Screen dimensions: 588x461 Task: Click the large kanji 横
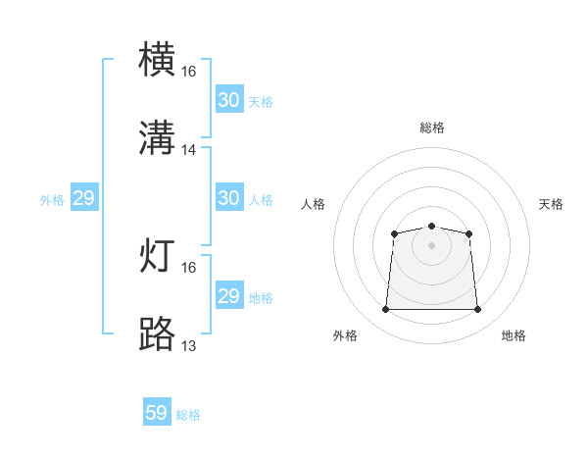point(157,59)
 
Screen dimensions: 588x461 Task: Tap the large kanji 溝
point(157,137)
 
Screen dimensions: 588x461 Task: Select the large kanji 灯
point(157,255)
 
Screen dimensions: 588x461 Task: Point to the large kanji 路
point(157,333)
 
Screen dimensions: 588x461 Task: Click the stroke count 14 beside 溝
point(188,150)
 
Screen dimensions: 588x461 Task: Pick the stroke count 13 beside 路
point(188,345)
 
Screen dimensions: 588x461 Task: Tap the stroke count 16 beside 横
point(188,72)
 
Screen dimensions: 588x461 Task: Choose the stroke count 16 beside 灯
point(188,268)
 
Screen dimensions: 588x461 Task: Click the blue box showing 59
point(157,411)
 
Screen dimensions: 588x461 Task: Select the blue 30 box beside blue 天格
point(230,99)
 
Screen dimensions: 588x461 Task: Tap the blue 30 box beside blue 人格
point(230,197)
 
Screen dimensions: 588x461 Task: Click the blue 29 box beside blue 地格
point(230,294)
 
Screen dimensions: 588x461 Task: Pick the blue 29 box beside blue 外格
point(84,197)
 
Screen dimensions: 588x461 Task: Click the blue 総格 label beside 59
point(188,415)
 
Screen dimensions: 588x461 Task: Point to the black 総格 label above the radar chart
point(432,128)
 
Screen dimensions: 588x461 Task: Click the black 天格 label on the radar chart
point(551,204)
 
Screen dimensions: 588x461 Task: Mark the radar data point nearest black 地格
point(477,309)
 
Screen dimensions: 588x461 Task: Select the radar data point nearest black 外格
point(385,309)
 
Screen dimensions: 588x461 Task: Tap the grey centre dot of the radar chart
point(431,245)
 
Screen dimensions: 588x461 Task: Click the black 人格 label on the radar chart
point(313,204)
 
